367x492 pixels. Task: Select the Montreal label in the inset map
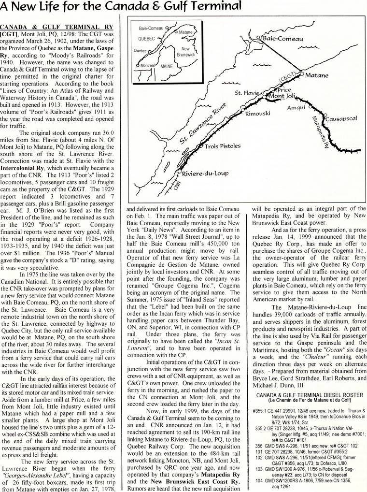pos(147,65)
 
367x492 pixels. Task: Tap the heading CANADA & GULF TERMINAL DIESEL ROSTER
pos(310,395)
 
